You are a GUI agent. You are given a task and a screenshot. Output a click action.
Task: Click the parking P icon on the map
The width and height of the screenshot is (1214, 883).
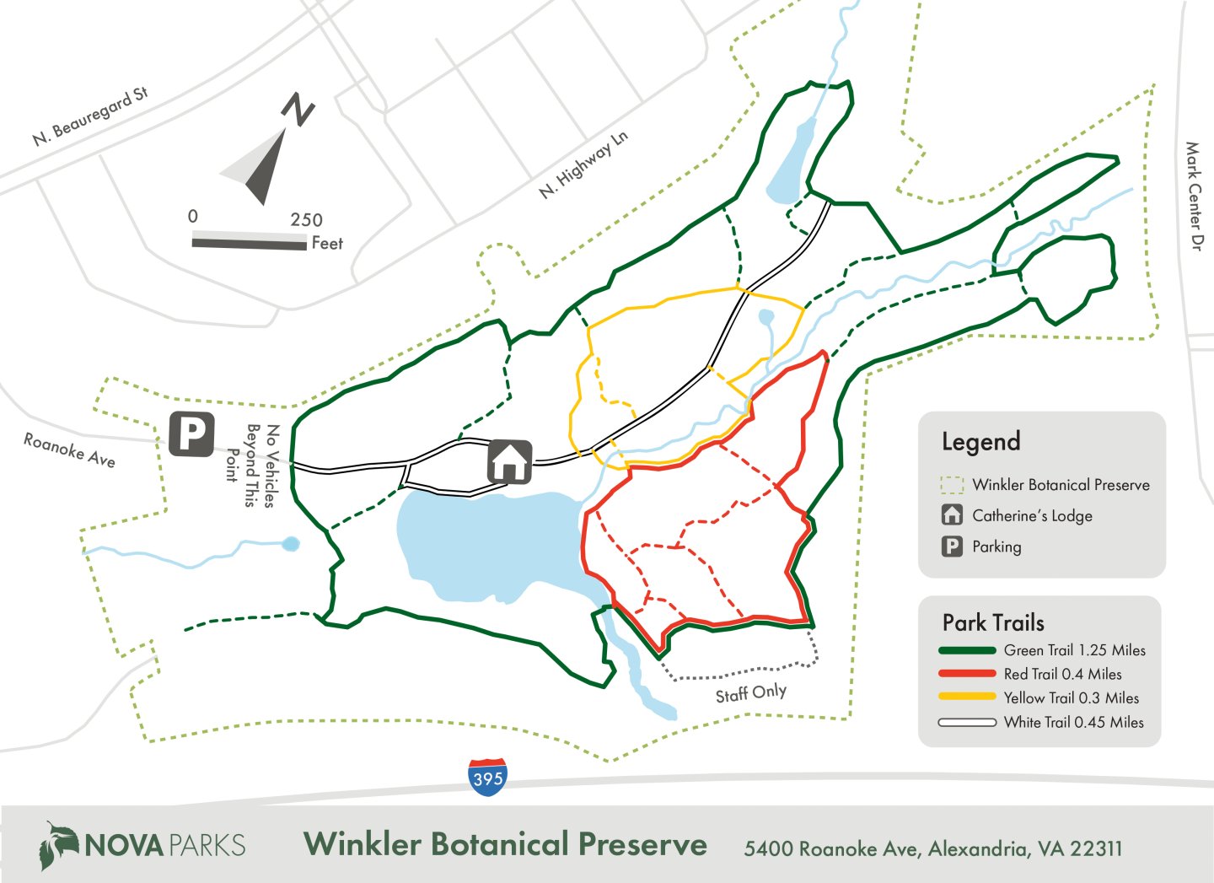point(191,434)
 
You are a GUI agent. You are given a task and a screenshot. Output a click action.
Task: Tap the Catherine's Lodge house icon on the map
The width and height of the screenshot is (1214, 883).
point(509,461)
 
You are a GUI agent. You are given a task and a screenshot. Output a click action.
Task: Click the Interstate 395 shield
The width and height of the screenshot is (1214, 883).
point(487,777)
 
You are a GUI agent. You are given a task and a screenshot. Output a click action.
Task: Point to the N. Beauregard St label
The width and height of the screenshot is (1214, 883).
point(90,116)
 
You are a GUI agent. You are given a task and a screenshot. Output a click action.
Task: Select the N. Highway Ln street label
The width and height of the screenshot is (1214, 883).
point(583,164)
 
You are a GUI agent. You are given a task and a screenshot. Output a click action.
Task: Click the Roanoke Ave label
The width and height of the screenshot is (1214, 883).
point(69,450)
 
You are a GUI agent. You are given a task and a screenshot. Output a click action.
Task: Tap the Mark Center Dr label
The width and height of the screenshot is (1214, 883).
point(1194,196)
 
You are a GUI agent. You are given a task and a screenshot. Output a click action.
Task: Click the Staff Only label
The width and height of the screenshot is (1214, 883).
point(750,693)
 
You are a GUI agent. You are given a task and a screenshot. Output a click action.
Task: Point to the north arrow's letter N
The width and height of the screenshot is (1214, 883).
point(298,109)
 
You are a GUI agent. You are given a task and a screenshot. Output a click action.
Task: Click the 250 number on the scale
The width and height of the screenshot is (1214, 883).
point(306,220)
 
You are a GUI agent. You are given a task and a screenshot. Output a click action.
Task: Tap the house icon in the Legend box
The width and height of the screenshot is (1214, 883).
point(952,514)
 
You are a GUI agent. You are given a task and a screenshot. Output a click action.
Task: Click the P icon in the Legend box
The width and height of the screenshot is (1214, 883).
point(952,546)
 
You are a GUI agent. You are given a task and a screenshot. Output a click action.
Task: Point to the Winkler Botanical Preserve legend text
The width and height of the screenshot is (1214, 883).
point(1061,485)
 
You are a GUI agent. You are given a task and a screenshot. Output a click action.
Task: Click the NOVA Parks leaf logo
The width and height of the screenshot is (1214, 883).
point(58,845)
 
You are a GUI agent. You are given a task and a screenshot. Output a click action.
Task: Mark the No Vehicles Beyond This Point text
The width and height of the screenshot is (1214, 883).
point(251,465)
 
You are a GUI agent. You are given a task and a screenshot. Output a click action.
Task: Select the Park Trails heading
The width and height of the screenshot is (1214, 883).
point(993,623)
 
